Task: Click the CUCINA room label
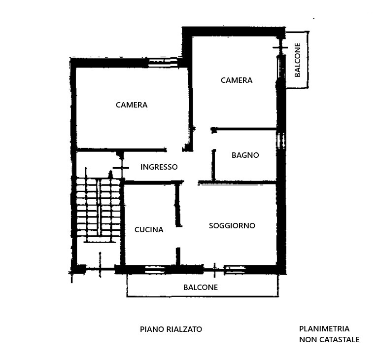click(149, 229)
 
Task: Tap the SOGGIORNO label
click(232, 225)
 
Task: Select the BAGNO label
click(245, 155)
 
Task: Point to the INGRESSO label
click(159, 167)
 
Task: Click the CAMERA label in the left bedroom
click(132, 105)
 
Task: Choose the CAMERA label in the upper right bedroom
click(237, 80)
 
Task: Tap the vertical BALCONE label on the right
click(298, 60)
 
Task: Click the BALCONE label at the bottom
click(201, 287)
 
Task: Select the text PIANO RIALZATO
click(171, 329)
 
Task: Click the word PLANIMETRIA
click(324, 328)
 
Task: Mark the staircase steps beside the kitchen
click(99, 210)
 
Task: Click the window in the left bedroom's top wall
click(163, 63)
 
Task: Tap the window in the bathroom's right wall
click(281, 141)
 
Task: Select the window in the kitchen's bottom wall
click(155, 270)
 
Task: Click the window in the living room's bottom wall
click(235, 270)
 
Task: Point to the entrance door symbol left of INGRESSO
click(121, 168)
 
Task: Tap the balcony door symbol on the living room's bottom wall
click(214, 270)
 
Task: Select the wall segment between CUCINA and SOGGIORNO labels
click(178, 205)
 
